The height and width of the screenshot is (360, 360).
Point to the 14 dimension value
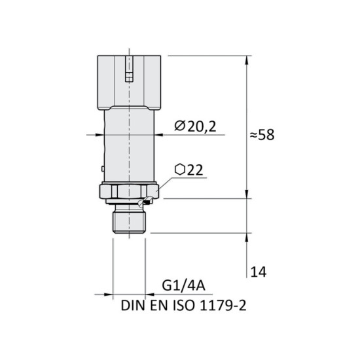tap(259, 270)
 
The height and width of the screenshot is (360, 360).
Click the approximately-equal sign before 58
tap(256, 135)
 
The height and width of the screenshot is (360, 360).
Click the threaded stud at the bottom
tap(128, 219)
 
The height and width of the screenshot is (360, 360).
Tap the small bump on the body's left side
tap(103, 168)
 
